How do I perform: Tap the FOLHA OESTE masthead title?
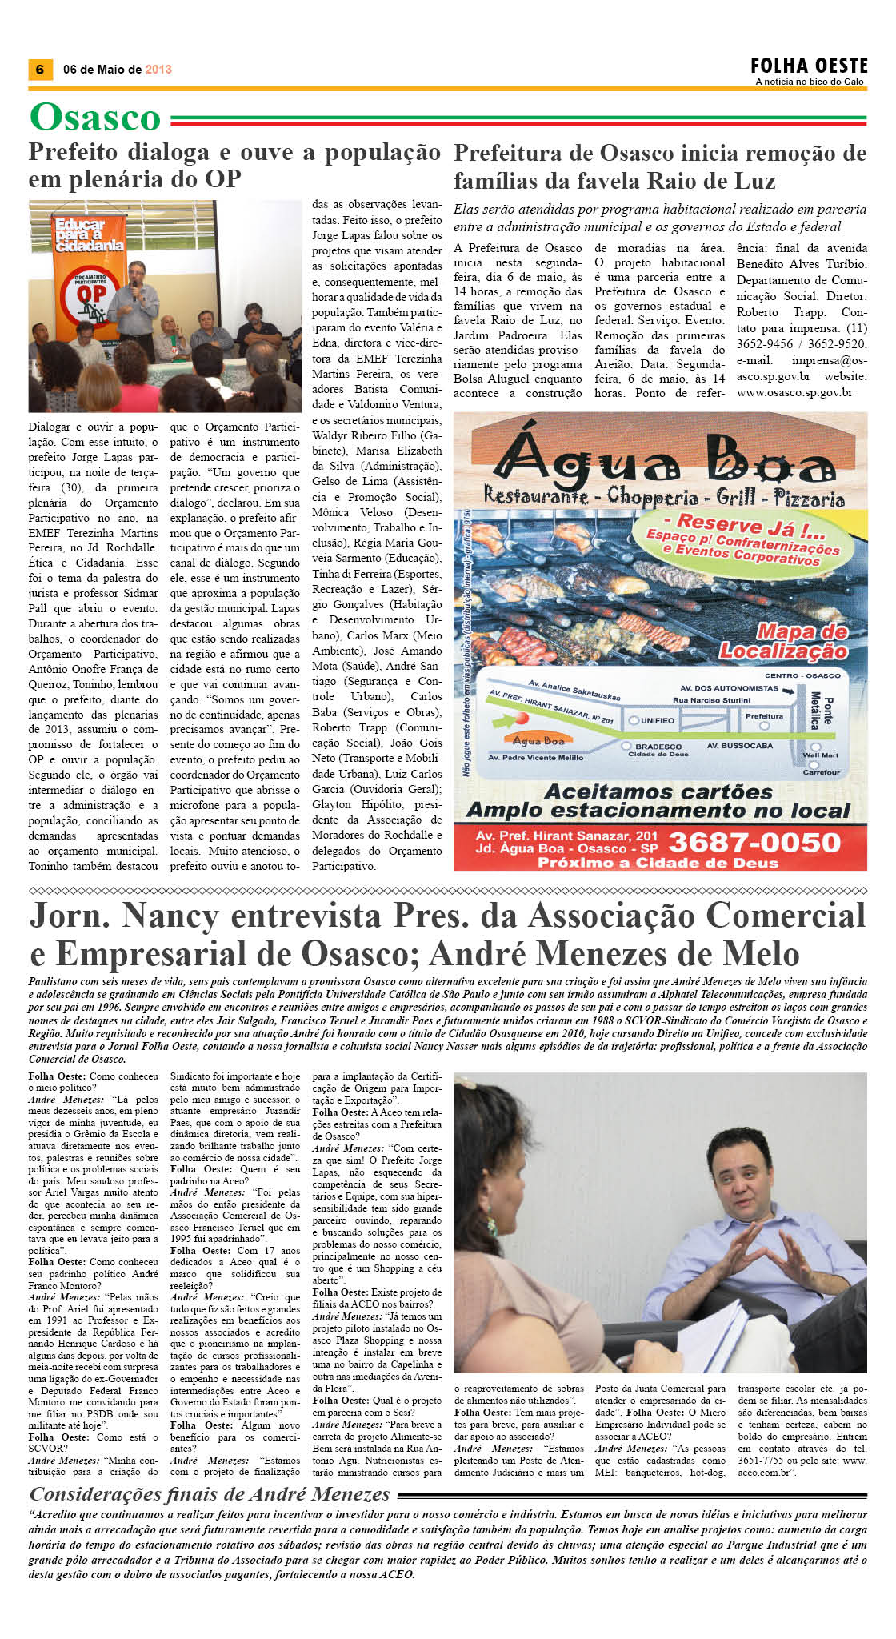[x=808, y=66]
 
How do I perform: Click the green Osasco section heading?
[x=95, y=118]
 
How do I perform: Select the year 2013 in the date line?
[x=158, y=70]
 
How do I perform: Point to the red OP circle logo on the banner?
[x=91, y=295]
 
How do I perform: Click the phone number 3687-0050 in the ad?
[x=754, y=842]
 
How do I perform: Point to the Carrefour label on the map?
[x=821, y=772]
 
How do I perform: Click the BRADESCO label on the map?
[x=658, y=746]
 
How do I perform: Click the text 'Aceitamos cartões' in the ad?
[x=658, y=791]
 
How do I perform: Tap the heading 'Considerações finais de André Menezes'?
[x=210, y=1493]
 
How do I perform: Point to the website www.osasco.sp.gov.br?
[x=794, y=392]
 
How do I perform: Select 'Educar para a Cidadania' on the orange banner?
[x=89, y=234]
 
